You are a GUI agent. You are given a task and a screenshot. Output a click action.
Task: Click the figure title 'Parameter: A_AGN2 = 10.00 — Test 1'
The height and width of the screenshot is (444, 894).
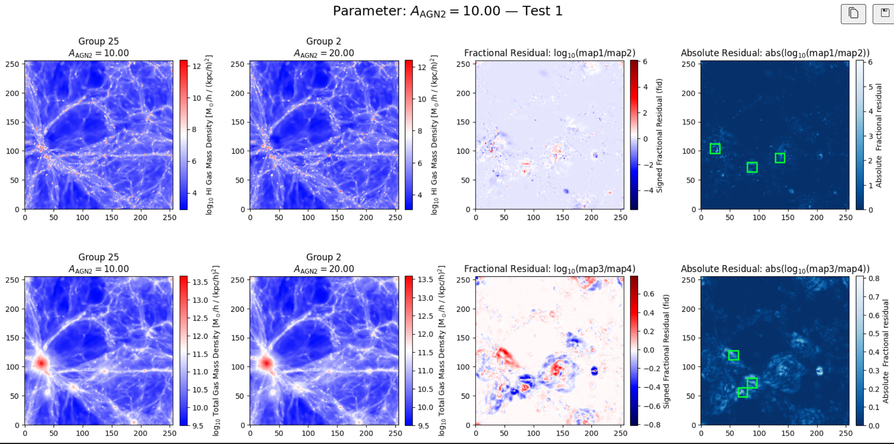click(447, 11)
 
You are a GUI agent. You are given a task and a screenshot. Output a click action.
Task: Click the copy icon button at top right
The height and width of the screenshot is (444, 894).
click(853, 14)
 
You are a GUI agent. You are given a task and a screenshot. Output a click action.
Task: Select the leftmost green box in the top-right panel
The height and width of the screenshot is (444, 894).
click(715, 149)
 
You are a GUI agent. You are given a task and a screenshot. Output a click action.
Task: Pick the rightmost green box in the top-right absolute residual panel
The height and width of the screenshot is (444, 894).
click(780, 158)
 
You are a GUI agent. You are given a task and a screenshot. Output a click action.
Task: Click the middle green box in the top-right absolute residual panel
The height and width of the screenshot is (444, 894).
click(752, 167)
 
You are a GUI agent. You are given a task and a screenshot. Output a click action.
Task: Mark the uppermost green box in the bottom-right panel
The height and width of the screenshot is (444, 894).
click(734, 355)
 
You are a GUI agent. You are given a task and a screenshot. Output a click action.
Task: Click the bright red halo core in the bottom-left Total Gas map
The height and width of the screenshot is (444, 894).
click(41, 363)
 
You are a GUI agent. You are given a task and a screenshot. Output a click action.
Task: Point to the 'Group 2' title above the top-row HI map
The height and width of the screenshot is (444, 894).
click(323, 41)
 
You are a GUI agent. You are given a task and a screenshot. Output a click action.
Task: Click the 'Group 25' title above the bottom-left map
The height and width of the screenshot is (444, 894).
click(98, 257)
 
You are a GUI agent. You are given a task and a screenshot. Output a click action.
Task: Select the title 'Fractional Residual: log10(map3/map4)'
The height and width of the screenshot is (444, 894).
click(549, 269)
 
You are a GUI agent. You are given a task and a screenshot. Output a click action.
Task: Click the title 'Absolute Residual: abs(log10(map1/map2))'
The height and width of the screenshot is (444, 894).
click(775, 53)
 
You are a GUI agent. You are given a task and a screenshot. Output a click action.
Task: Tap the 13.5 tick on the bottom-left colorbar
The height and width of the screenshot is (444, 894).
click(200, 282)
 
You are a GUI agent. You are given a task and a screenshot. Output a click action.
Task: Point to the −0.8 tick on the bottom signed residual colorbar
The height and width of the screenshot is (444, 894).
click(651, 425)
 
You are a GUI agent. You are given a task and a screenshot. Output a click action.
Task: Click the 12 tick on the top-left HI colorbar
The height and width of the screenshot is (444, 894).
click(197, 66)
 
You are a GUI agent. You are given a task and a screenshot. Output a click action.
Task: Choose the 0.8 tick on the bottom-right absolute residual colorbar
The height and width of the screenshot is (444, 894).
click(874, 278)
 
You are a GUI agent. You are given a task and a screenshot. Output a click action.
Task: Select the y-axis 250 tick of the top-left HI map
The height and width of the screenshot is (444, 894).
click(12, 64)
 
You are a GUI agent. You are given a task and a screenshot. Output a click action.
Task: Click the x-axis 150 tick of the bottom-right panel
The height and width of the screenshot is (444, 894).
click(788, 433)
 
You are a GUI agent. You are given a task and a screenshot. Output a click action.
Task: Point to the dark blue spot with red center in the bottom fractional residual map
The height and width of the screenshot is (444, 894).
click(594, 371)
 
